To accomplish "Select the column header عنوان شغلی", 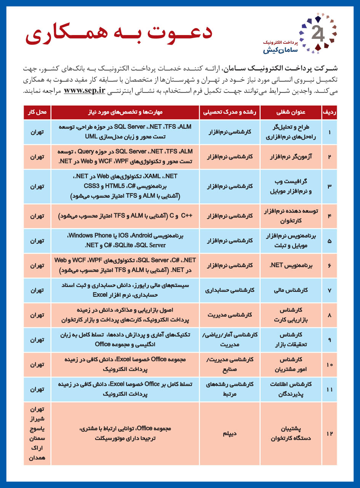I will [291, 112].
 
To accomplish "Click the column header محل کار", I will [37, 112].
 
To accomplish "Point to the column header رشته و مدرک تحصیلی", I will [229, 112].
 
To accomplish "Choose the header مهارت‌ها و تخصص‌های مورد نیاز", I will [125, 112].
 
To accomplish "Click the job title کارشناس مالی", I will [291, 290].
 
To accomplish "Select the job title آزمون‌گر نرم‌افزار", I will [291, 157].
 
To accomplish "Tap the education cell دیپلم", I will [229, 434].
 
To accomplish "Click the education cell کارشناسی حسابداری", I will [229, 290].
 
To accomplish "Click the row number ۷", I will [329, 290].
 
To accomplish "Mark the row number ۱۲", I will [329, 434].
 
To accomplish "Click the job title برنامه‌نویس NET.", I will [291, 266].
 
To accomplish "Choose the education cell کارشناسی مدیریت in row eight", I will [229, 315].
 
